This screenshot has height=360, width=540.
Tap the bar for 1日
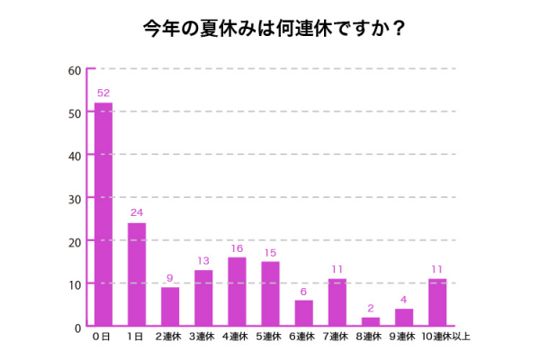click(x=137, y=274)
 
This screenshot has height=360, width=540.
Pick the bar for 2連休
click(x=170, y=306)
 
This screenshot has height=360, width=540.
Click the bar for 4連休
click(x=237, y=292)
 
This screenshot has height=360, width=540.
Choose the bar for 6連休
click(x=303, y=312)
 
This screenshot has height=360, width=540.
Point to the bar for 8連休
click(x=371, y=321)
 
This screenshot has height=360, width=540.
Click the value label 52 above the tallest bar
click(x=103, y=94)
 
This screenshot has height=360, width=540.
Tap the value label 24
click(x=137, y=213)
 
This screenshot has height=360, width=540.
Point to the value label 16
click(x=237, y=247)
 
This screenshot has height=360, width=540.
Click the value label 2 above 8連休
click(x=371, y=308)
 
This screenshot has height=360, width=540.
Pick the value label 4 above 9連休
click(x=404, y=300)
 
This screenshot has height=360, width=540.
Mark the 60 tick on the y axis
click(x=75, y=70)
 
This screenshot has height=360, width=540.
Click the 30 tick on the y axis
click(x=75, y=198)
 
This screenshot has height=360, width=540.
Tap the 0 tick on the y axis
click(x=78, y=327)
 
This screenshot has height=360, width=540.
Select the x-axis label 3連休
click(x=203, y=337)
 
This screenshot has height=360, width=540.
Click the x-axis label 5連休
click(x=270, y=337)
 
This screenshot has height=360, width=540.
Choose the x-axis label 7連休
click(x=337, y=337)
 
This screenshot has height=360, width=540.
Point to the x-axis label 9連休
click(x=404, y=337)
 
